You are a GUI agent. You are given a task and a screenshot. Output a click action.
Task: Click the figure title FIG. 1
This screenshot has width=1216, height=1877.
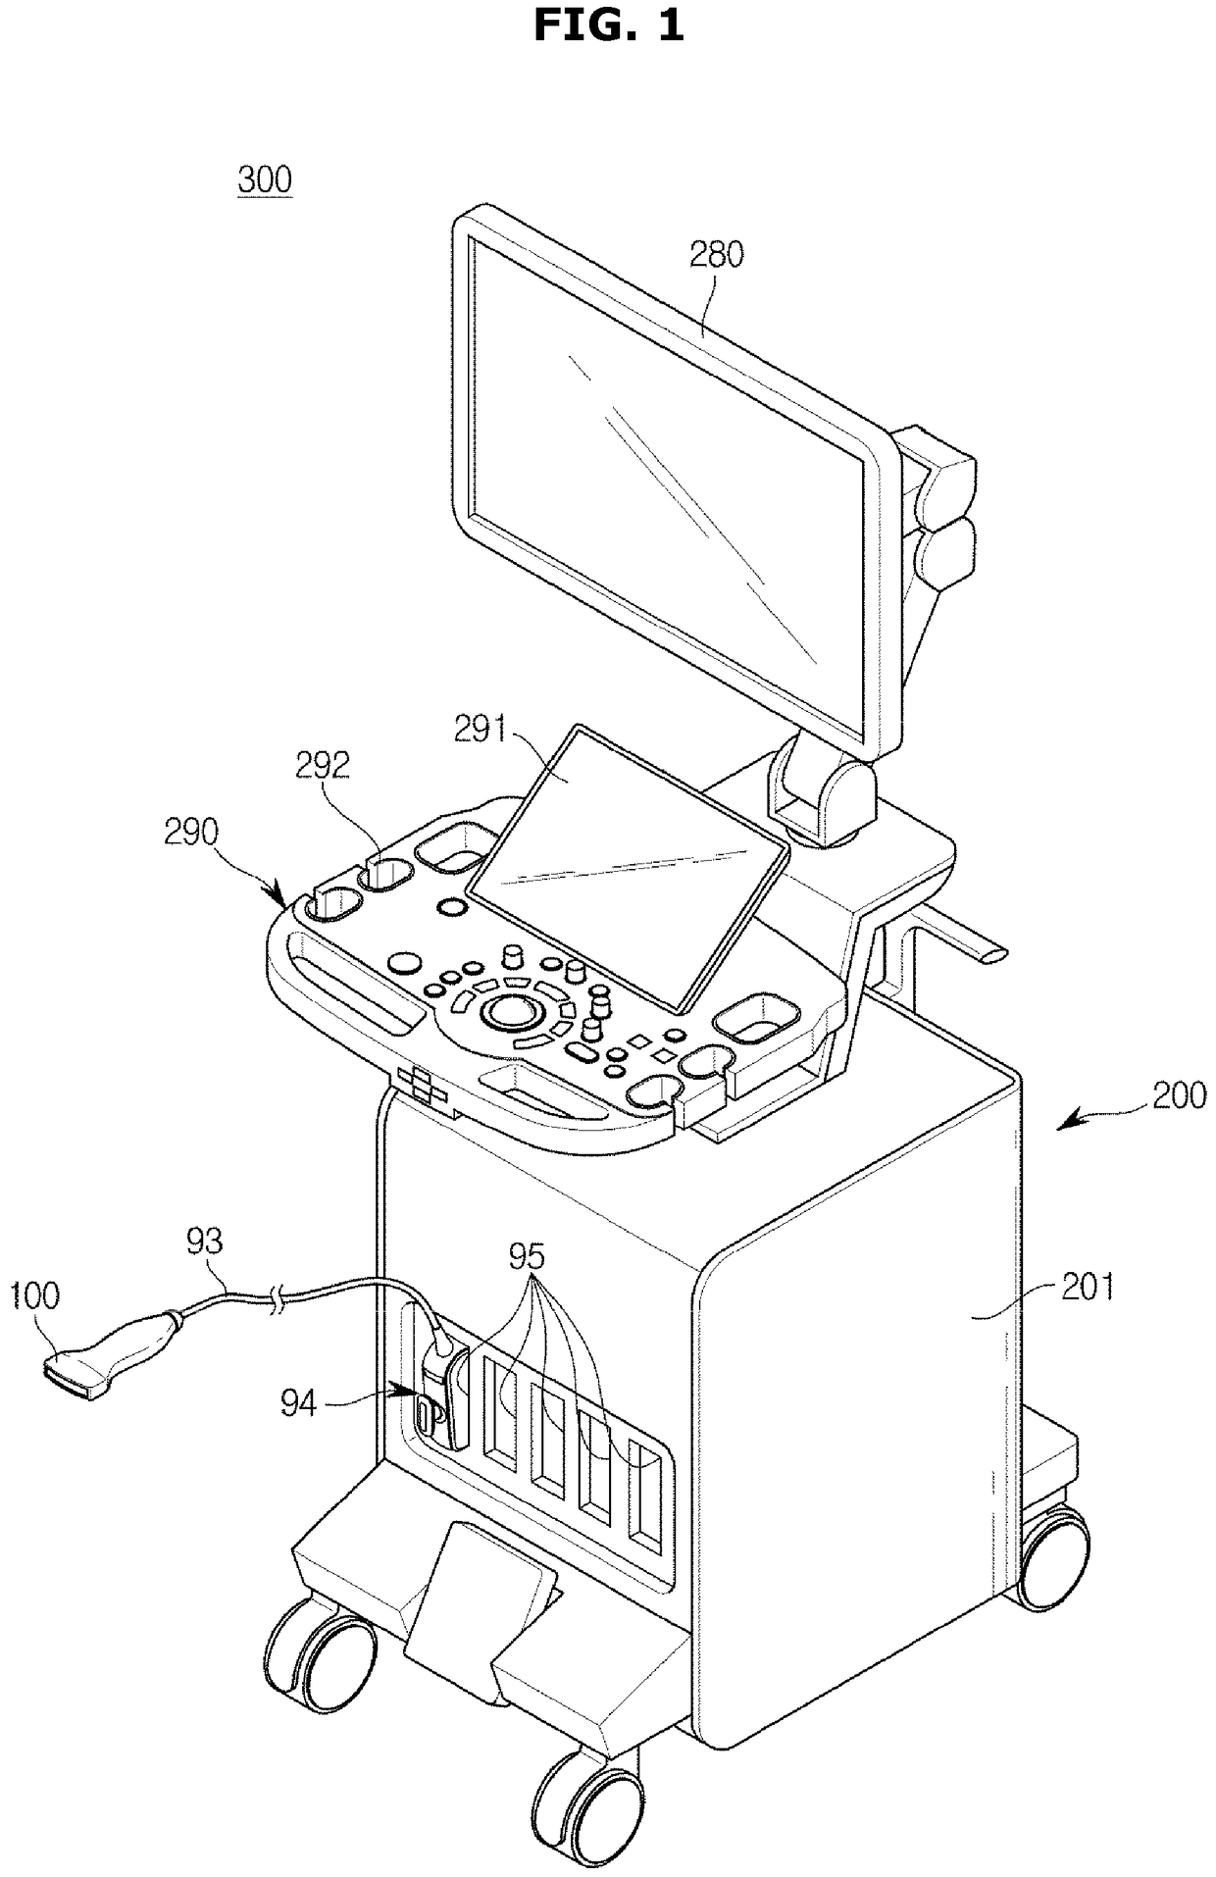(x=608, y=25)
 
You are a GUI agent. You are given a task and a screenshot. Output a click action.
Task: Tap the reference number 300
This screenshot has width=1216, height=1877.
(x=265, y=180)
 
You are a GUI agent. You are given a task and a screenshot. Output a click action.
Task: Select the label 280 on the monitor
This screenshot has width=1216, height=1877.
(x=716, y=255)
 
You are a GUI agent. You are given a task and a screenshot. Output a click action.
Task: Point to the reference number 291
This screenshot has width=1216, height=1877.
(x=480, y=731)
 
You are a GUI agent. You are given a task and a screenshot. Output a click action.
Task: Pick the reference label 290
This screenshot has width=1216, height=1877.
(x=191, y=833)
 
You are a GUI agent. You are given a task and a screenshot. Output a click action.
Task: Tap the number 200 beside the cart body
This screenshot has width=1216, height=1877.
(x=1179, y=1094)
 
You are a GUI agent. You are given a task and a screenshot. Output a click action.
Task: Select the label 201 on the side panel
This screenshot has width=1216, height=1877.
(x=1089, y=1286)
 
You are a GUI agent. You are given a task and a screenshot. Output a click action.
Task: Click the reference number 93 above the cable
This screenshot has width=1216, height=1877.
(x=204, y=1242)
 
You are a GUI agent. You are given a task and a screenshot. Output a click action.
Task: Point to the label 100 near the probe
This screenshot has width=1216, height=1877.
(x=35, y=1295)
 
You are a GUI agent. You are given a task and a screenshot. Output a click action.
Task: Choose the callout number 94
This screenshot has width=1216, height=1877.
(x=299, y=1404)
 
